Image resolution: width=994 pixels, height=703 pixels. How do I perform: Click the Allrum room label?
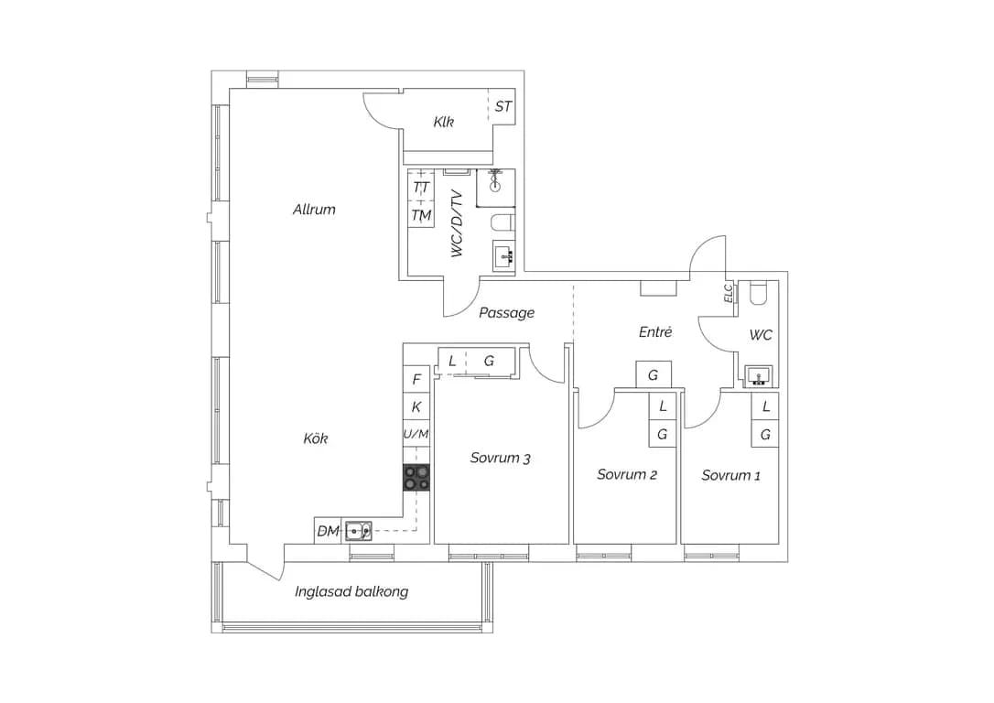pyautogui.click(x=314, y=210)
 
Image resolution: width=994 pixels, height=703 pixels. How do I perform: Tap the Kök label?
pyautogui.click(x=315, y=438)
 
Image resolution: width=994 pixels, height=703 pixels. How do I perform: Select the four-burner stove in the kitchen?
pyautogui.click(x=416, y=477)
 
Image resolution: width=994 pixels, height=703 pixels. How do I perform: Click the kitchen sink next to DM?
pyautogui.click(x=359, y=531)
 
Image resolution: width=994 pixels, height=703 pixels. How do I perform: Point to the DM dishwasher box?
pyautogui.click(x=329, y=531)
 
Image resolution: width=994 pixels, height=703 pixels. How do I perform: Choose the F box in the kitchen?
pyautogui.click(x=416, y=379)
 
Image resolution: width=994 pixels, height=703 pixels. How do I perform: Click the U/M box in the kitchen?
pyautogui.click(x=416, y=434)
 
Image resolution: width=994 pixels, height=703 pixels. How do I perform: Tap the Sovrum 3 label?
pyautogui.click(x=500, y=458)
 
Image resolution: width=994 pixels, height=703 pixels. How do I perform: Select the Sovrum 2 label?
pyautogui.click(x=627, y=474)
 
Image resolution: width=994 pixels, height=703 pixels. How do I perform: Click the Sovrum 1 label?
pyautogui.click(x=731, y=475)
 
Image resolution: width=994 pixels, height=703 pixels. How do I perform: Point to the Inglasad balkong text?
pyautogui.click(x=351, y=591)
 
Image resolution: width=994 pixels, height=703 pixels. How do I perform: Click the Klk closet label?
pyautogui.click(x=444, y=122)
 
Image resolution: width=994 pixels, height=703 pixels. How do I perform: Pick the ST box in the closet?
pyautogui.click(x=502, y=106)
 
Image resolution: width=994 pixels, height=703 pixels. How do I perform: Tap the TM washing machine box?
pyautogui.click(x=421, y=215)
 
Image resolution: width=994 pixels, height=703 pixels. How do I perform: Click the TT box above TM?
pyautogui.click(x=421, y=187)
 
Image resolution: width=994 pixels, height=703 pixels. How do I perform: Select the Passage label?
pyautogui.click(x=506, y=312)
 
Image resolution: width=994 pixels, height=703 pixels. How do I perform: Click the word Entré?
pyautogui.click(x=655, y=331)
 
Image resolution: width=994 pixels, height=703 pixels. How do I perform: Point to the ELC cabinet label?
pyautogui.click(x=729, y=292)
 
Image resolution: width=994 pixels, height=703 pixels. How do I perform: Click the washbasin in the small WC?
pyautogui.click(x=758, y=376)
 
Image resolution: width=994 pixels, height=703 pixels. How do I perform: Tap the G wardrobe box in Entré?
pyautogui.click(x=654, y=374)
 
